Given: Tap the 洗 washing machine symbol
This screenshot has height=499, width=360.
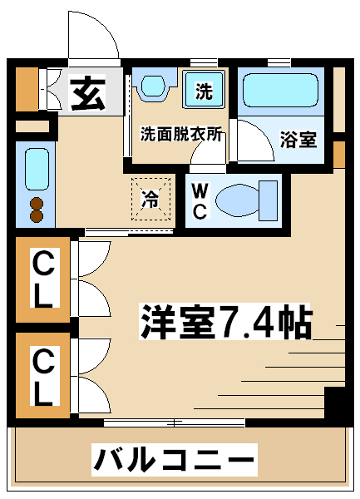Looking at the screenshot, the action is click(204, 90).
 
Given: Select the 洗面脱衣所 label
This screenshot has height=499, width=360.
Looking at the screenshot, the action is click(181, 134).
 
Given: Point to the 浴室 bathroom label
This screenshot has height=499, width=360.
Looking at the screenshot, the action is click(298, 140).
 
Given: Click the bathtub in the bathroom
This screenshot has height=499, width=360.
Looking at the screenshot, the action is click(280, 91).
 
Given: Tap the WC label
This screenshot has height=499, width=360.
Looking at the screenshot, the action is click(200, 201).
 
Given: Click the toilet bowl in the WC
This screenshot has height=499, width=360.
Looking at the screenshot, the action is click(237, 200).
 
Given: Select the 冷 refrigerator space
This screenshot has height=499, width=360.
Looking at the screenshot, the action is click(151, 200).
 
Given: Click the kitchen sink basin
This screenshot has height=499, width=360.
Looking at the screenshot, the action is click(37, 170).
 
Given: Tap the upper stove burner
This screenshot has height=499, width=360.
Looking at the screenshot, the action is click(37, 203).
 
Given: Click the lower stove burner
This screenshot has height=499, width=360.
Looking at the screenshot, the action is click(37, 215).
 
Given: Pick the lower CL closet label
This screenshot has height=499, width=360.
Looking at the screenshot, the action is click(43, 376).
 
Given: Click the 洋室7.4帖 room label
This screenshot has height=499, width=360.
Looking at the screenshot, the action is click(225, 322).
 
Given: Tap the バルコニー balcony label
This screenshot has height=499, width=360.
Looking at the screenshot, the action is click(175, 459).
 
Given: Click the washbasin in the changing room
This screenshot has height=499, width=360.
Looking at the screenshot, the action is click(153, 86).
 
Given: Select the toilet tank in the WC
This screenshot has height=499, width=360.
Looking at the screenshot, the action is click(268, 200).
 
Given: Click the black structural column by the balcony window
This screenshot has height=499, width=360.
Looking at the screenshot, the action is click(335, 403).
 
